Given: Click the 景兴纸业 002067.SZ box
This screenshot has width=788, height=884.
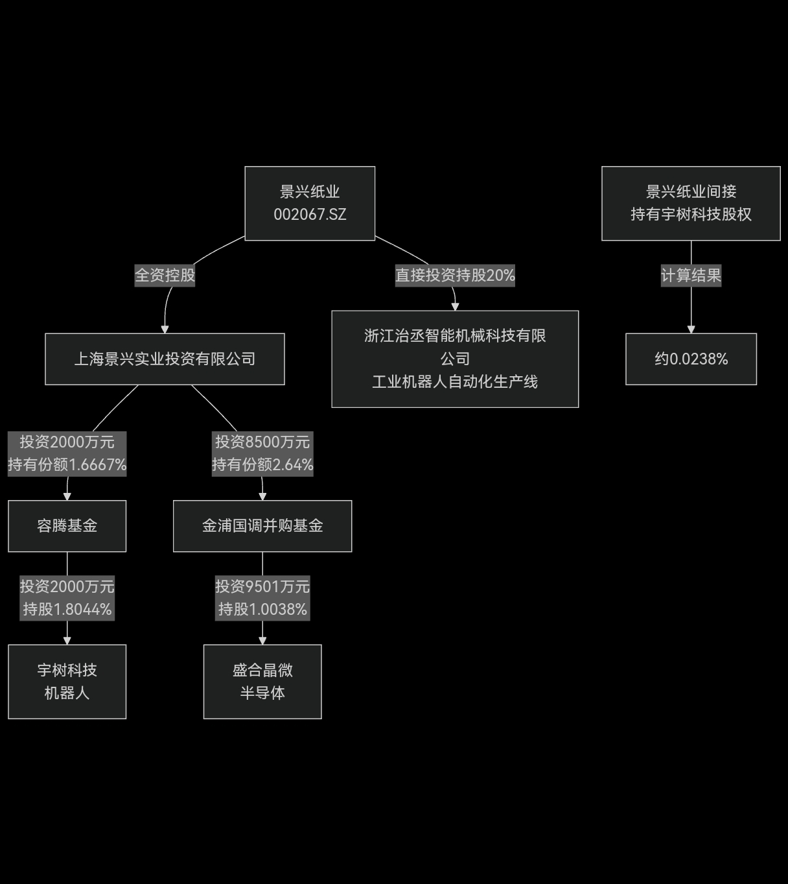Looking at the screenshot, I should (310, 203).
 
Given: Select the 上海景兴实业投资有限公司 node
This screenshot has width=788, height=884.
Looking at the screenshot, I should (165, 359).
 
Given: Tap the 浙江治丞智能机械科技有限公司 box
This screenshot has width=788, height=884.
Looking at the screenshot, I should (455, 359).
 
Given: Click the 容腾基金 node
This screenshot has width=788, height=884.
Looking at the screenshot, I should (67, 526).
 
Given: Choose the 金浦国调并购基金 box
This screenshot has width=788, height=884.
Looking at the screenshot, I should (262, 526).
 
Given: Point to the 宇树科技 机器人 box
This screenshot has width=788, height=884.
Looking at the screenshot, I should (67, 681).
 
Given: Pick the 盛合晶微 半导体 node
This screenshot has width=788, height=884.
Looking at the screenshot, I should (262, 681).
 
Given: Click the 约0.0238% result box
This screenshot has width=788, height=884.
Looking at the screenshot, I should (691, 359).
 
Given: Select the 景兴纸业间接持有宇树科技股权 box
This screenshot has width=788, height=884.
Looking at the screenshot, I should (691, 203).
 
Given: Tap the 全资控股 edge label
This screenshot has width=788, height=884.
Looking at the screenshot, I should (165, 275).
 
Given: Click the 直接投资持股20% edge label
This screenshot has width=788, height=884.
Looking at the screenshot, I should (455, 275).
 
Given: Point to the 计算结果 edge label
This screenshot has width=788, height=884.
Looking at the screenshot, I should (691, 275).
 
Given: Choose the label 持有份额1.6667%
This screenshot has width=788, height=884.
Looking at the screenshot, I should (67, 465).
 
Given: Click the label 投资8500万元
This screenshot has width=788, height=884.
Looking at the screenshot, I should (262, 442).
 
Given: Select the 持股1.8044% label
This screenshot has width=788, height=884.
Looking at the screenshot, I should (67, 610).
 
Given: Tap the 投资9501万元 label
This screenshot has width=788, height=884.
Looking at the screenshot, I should (262, 587).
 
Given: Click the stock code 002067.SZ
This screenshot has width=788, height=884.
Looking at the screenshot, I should (310, 215).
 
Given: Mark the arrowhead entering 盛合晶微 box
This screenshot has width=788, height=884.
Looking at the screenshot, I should (262, 641).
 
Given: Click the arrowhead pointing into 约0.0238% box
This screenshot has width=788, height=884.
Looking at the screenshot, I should (691, 329).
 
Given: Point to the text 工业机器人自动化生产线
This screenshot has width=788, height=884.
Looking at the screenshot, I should (455, 382).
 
